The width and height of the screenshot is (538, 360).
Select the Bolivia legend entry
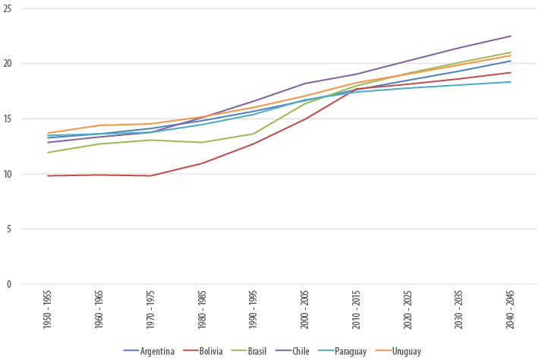(x=208, y=351)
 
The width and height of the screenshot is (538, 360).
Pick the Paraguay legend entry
(x=345, y=351)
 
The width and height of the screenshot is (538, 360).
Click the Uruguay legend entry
(x=400, y=351)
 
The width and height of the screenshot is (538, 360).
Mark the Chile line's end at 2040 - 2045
(x=511, y=36)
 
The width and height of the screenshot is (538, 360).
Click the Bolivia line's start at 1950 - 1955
(x=48, y=175)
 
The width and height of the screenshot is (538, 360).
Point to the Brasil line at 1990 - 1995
(x=253, y=134)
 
